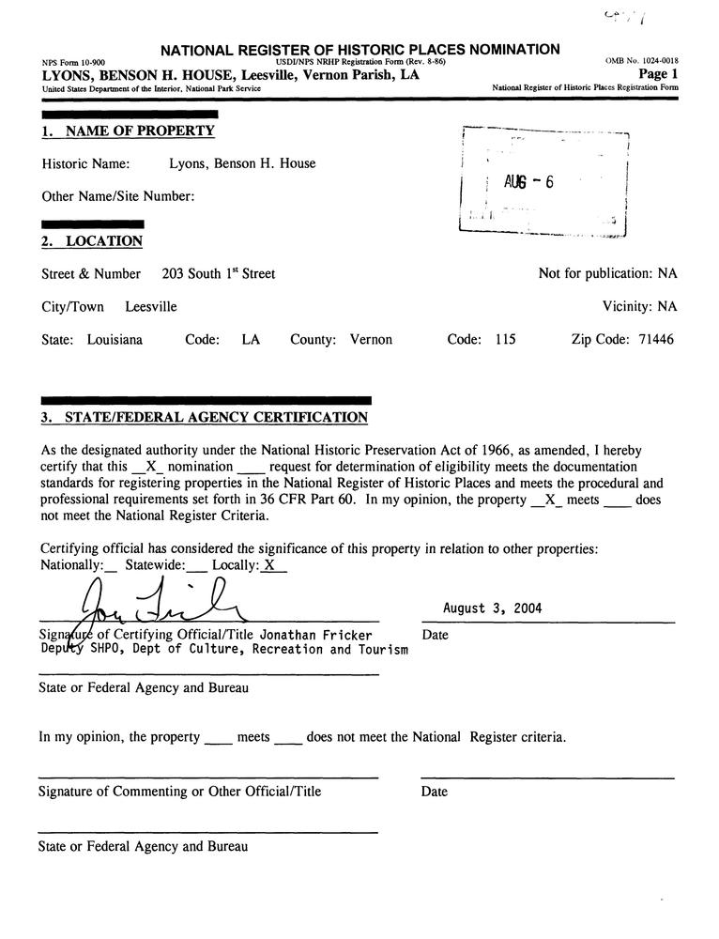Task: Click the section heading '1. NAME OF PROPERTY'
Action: [129, 131]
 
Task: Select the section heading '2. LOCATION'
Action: [92, 241]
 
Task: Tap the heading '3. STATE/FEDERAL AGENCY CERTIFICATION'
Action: [204, 417]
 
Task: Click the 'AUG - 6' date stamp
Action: [528, 182]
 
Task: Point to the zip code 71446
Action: [650, 340]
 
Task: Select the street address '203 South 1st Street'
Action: [218, 274]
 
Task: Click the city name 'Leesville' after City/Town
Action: [151, 307]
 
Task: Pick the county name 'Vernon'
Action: [371, 340]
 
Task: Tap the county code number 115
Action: [505, 340]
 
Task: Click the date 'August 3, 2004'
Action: [493, 608]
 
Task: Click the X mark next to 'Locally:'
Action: [270, 565]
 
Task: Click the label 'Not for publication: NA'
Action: [607, 274]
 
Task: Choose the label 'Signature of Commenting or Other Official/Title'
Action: [179, 792]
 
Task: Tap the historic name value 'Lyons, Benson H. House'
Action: [242, 164]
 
